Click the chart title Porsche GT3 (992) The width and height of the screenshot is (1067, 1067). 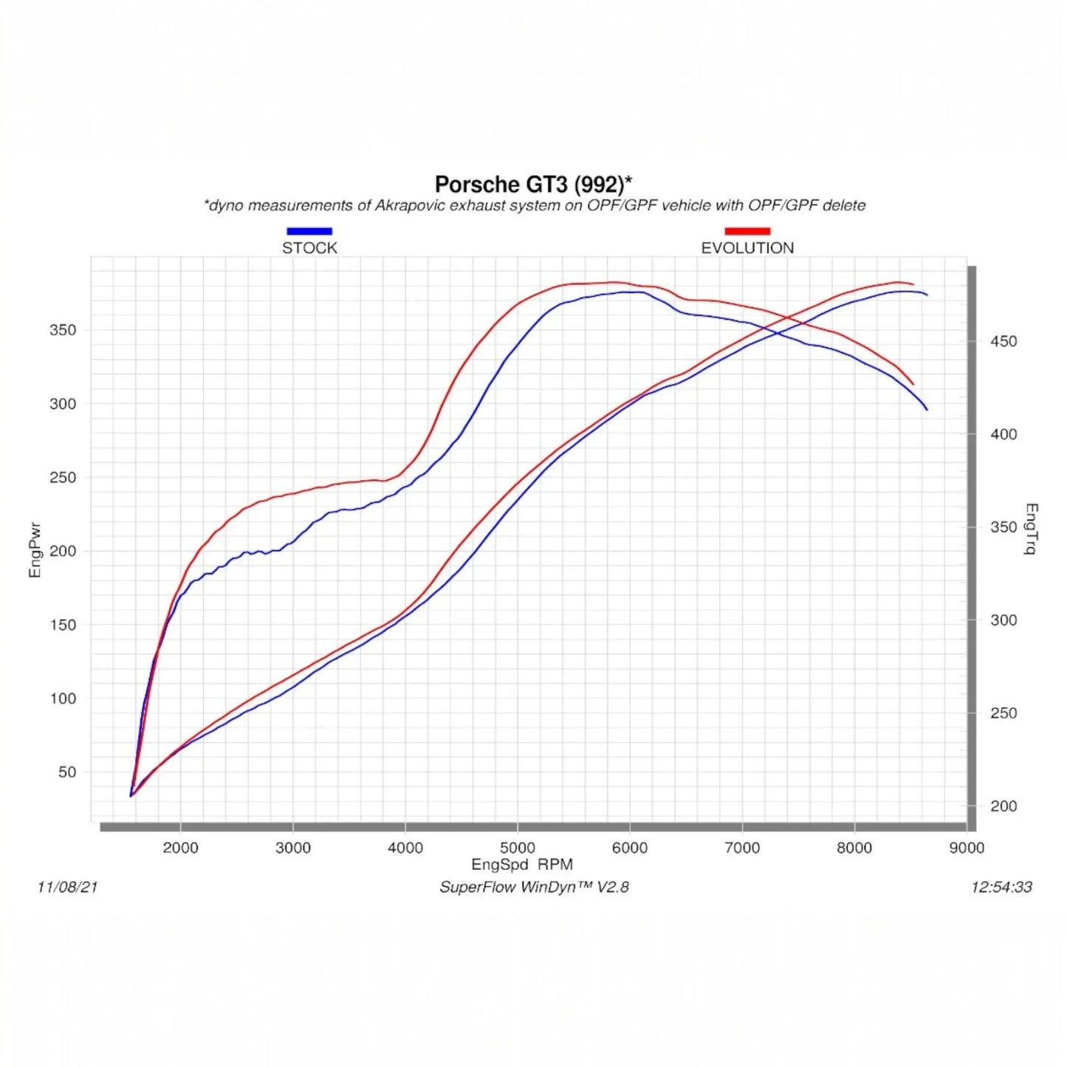click(x=532, y=184)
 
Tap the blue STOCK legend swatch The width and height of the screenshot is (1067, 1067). click(x=309, y=231)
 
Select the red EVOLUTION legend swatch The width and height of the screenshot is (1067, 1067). click(x=747, y=231)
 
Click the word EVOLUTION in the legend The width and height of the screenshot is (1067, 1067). click(x=747, y=248)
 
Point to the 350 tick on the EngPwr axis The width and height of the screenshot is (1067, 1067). click(x=63, y=330)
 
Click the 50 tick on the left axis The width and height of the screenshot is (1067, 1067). click(x=66, y=772)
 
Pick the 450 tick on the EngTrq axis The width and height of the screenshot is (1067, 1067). click(x=1003, y=341)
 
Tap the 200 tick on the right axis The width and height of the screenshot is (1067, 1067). click(x=1003, y=806)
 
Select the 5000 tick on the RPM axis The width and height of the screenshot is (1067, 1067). click(x=518, y=848)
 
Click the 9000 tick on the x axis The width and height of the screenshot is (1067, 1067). click(x=967, y=848)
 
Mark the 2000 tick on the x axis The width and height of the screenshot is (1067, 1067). click(x=180, y=848)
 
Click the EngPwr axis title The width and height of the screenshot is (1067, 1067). click(x=35, y=551)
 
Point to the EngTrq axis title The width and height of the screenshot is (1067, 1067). click(x=1032, y=529)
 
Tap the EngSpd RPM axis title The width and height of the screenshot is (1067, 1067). click(x=522, y=865)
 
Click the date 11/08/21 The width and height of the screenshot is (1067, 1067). click(x=67, y=887)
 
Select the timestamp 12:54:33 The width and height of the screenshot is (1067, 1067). click(x=1001, y=887)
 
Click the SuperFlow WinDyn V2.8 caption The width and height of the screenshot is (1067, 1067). click(x=534, y=887)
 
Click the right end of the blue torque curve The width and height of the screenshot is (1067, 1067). click(x=927, y=409)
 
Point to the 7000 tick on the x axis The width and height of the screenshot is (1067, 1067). click(x=742, y=848)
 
